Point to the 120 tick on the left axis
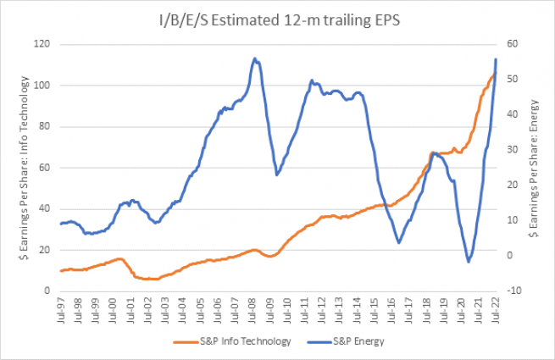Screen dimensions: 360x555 point(42,44)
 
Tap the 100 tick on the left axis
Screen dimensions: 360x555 point(42,86)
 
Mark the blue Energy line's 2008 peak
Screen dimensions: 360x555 point(255,58)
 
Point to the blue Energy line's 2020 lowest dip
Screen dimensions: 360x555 point(468,262)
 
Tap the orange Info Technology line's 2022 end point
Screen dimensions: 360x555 point(494,75)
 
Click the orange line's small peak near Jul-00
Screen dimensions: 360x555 point(119,258)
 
